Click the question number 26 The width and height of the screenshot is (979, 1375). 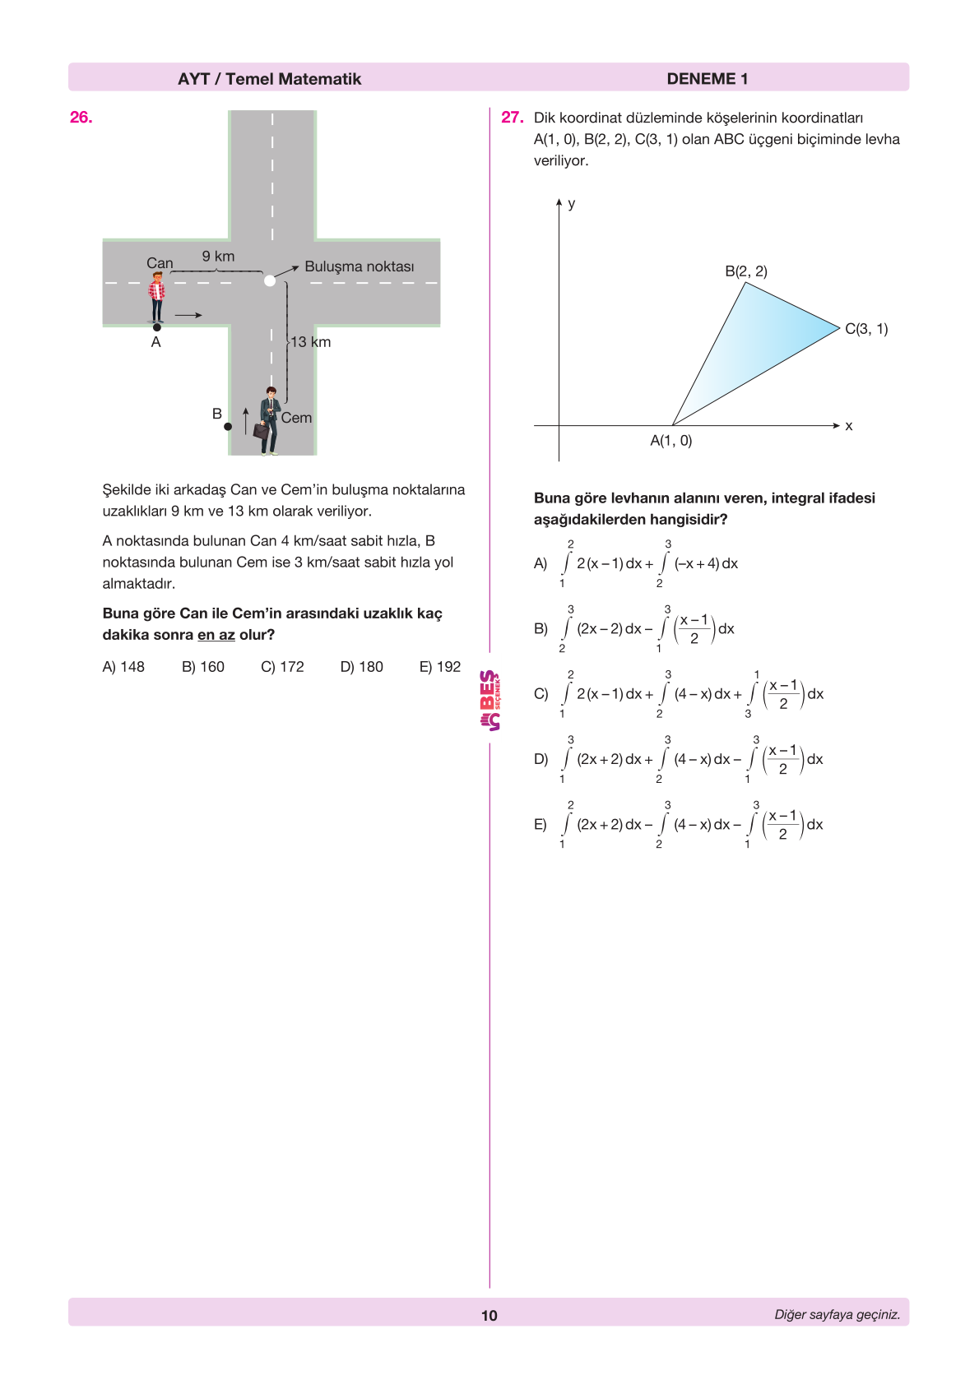point(81,118)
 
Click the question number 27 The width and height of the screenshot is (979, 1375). point(512,118)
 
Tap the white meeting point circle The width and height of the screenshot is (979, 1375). point(270,280)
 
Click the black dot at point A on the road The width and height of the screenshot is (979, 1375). point(157,327)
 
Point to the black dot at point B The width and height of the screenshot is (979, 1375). point(228,427)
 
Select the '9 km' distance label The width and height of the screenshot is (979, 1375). point(218,257)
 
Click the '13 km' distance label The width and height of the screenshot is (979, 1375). point(310,342)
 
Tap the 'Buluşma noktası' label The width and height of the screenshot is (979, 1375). point(359,266)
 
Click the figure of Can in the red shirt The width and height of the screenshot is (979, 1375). point(156,296)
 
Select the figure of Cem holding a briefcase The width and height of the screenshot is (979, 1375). point(268,420)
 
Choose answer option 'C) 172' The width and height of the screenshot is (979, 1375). point(282,667)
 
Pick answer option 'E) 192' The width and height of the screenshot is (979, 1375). point(440,667)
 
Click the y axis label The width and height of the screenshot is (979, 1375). point(572,204)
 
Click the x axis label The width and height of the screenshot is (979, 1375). point(849,426)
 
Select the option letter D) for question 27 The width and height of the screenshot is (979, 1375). point(541,759)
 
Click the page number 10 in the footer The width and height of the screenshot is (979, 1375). point(489,1316)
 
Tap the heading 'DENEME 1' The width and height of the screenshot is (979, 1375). point(707,79)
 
